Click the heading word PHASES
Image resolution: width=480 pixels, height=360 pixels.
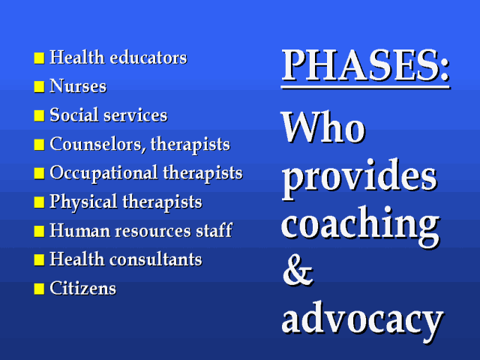coord(361,65)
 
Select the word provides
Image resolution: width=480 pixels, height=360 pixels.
coord(359,178)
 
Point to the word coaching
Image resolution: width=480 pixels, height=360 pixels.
coord(361,226)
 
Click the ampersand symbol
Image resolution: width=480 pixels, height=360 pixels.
coord(298,270)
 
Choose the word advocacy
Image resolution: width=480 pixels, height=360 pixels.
coord(362,320)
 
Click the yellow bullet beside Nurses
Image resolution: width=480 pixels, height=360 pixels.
coord(39,87)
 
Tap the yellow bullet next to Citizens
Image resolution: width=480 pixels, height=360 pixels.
coord(39,289)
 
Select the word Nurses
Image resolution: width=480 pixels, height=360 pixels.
coord(78,86)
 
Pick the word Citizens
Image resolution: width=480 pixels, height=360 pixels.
coord(83,288)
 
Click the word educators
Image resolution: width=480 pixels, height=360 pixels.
coord(148,57)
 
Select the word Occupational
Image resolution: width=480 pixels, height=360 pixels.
coord(103,174)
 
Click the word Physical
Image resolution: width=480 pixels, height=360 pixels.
coord(83,202)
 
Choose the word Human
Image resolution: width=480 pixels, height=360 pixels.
coord(80,230)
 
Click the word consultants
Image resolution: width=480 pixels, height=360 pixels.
coord(156,259)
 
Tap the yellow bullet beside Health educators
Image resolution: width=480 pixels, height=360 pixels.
coord(39,58)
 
